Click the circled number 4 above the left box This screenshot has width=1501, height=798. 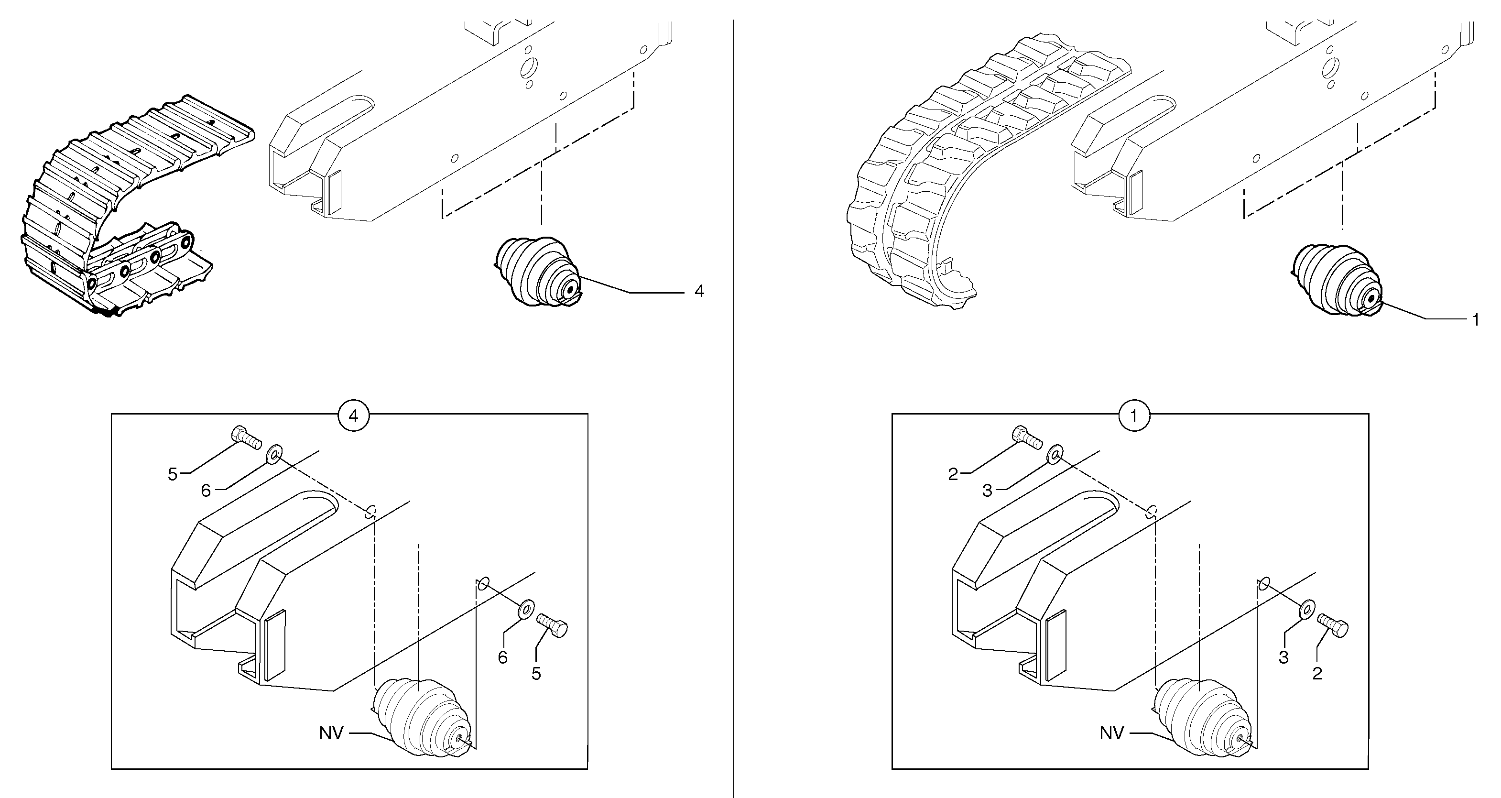353,415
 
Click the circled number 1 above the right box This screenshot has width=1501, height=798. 1133,415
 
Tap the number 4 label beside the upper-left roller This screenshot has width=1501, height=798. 699,292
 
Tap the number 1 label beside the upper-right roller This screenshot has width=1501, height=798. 1475,319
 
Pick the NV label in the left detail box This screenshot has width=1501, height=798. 331,732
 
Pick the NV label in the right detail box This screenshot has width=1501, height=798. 1111,732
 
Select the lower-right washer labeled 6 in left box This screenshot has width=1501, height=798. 526,609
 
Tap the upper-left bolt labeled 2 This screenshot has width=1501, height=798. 1027,437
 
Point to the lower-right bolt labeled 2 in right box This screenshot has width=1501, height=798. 1333,625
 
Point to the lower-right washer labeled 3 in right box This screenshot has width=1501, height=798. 1306,609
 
